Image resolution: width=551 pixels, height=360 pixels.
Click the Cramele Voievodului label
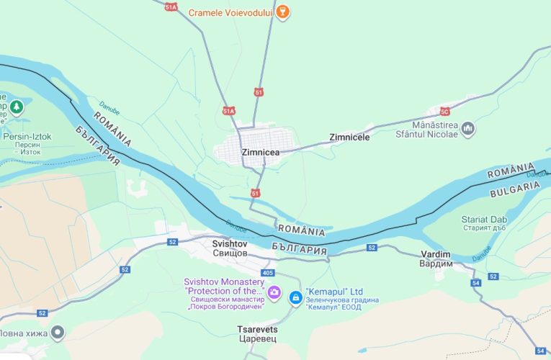pos(230,13)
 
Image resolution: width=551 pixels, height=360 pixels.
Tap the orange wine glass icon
pos(283,12)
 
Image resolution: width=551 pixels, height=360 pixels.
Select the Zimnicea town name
pos(261,152)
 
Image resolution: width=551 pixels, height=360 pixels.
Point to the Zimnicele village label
pos(349,137)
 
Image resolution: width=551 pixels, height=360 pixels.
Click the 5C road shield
pos(444,111)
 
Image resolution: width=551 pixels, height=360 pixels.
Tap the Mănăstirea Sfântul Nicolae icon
pos(468,129)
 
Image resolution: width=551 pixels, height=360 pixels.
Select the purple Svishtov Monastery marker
pos(274,292)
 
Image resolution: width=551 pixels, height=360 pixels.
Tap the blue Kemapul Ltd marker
pos(295,297)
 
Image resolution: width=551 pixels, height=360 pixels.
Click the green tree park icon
pos(17,107)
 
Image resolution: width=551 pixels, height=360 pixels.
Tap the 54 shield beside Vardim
pos(476,283)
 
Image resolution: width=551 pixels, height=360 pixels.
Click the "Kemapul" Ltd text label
pos(334,292)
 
